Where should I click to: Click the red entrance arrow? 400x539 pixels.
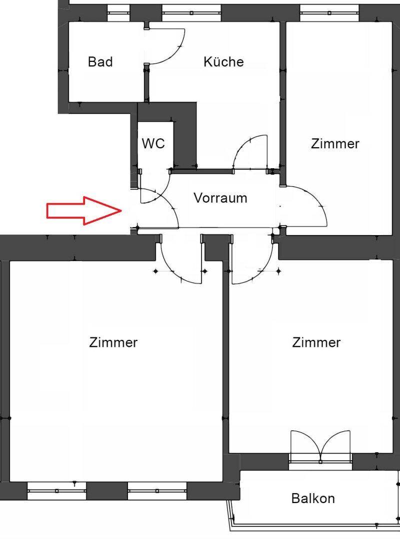pyautogui.click(x=84, y=211)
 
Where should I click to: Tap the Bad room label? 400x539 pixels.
pyautogui.click(x=100, y=62)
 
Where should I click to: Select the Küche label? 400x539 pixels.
pyautogui.click(x=223, y=61)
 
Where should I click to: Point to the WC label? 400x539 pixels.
pyautogui.click(x=153, y=143)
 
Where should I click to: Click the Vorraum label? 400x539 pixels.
pyautogui.click(x=220, y=198)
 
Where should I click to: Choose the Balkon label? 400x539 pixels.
pyautogui.click(x=313, y=498)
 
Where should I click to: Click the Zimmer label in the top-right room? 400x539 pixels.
pyautogui.click(x=335, y=143)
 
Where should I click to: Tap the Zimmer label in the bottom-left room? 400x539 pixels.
pyautogui.click(x=113, y=342)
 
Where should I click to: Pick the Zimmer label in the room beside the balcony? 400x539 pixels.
pyautogui.click(x=316, y=342)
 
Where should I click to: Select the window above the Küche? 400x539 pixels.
pyautogui.click(x=191, y=13)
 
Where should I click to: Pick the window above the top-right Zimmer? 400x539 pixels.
pyautogui.click(x=329, y=13)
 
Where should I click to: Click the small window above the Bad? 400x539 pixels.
pyautogui.click(x=118, y=13)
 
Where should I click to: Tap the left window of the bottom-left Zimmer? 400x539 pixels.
pyautogui.click(x=56, y=491)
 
